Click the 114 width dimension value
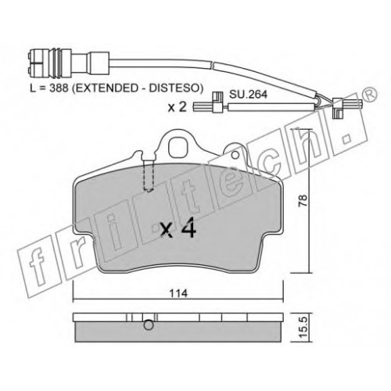(x=178, y=293)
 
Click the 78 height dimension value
(x=303, y=201)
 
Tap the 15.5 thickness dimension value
(x=303, y=328)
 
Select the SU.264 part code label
(x=248, y=95)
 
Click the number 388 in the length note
(x=59, y=88)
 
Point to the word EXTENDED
(x=107, y=88)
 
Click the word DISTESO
(x=174, y=88)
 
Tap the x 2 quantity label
(x=178, y=106)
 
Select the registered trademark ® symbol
(x=370, y=95)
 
